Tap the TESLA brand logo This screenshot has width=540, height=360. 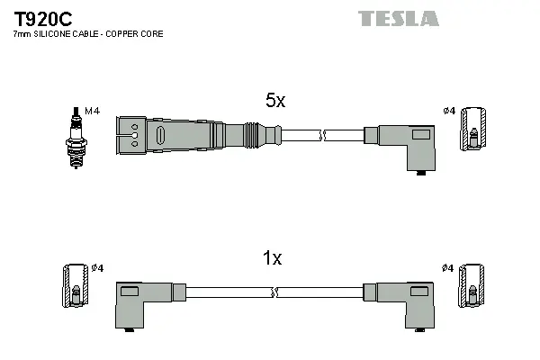[x=399, y=18]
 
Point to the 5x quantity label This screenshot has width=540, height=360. [x=274, y=102]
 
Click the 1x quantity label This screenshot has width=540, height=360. [x=271, y=259]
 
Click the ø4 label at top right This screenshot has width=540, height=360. [x=448, y=111]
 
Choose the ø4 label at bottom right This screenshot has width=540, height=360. [x=448, y=268]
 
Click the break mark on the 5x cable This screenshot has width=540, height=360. [x=320, y=136]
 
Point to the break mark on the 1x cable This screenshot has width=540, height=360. [x=274, y=292]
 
